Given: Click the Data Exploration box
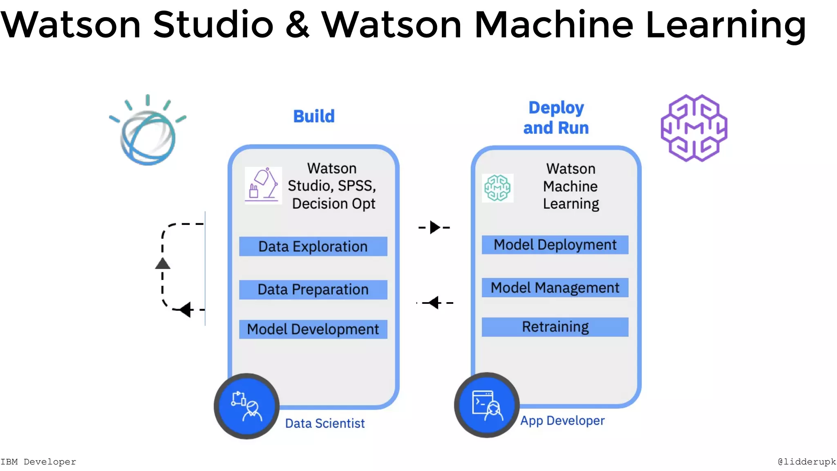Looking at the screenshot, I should pyautogui.click(x=313, y=247).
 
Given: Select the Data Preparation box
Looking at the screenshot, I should pyautogui.click(x=313, y=289).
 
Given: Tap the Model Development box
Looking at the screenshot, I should pyautogui.click(x=313, y=329).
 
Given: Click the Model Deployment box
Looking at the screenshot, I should pyautogui.click(x=555, y=245).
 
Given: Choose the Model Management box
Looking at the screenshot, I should pyautogui.click(x=555, y=288).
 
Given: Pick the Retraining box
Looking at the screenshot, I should pyautogui.click(x=555, y=327).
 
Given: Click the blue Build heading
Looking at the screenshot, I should pyautogui.click(x=314, y=117).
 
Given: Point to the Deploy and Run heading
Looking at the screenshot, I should pyautogui.click(x=556, y=118).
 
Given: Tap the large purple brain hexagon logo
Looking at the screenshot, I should pyautogui.click(x=694, y=128).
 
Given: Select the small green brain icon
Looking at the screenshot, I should pyautogui.click(x=497, y=188).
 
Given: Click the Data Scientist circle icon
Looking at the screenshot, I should pyautogui.click(x=247, y=406).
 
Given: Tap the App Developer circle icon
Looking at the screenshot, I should pyautogui.click(x=487, y=405).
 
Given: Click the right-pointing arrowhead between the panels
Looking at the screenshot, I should pyautogui.click(x=434, y=227).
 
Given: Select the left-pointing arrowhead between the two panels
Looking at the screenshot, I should pyautogui.click(x=434, y=303).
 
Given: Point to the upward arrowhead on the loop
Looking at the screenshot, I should pyautogui.click(x=163, y=264).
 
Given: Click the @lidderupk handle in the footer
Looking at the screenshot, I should pyautogui.click(x=806, y=462).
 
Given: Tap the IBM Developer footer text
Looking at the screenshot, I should pyautogui.click(x=38, y=462).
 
